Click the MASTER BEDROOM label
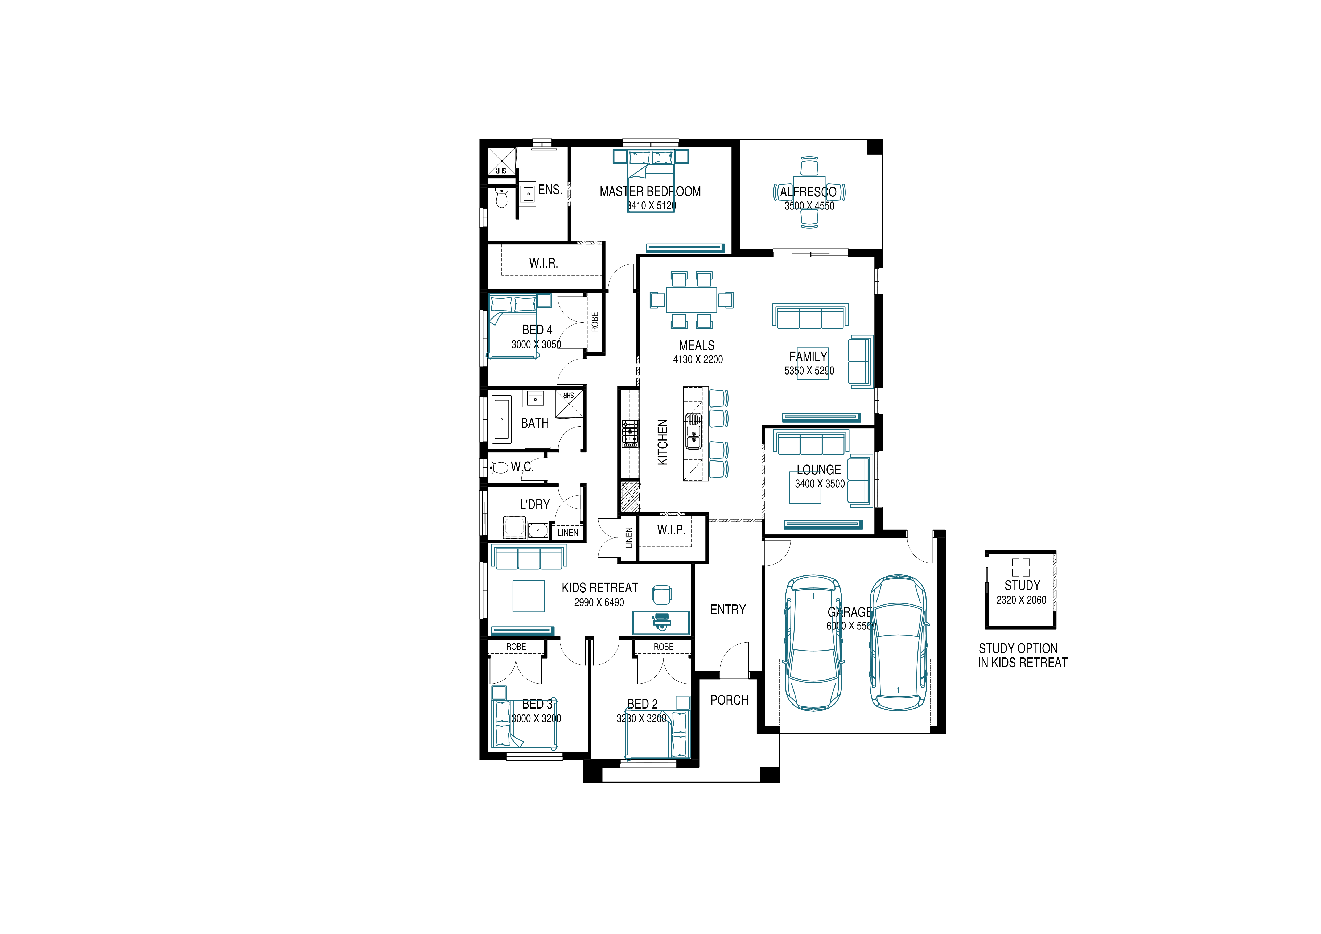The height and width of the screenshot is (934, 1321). [650, 192]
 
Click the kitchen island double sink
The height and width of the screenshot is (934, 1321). [693, 432]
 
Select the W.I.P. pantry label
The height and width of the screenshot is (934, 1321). [672, 530]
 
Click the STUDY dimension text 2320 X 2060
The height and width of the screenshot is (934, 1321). [1021, 600]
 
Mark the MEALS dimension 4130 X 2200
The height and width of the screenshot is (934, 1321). [698, 360]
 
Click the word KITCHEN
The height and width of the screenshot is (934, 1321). [663, 442]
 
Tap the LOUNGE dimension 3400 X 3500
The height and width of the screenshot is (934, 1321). [820, 484]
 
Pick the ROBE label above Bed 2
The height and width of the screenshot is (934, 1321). [663, 647]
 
